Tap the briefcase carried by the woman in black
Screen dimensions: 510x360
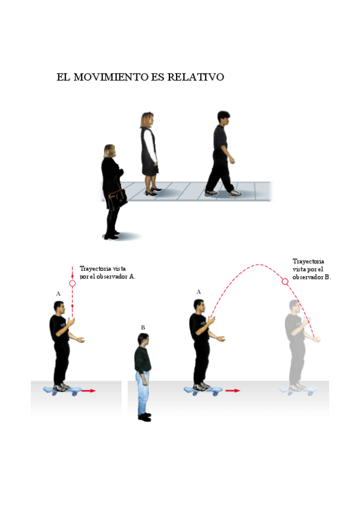117,198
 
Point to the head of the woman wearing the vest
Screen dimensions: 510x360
147,119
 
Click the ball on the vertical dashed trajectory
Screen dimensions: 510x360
73,283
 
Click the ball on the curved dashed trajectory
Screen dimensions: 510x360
285,281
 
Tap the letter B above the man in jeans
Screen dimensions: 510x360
143,328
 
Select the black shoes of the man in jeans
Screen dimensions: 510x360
144,417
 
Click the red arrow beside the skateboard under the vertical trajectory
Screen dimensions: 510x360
88,391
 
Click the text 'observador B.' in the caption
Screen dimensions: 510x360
311,277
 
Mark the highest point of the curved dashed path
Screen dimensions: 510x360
259,264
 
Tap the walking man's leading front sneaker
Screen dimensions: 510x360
235,193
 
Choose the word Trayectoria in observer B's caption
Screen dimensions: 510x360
308,262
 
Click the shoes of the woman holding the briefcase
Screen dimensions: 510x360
112,236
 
